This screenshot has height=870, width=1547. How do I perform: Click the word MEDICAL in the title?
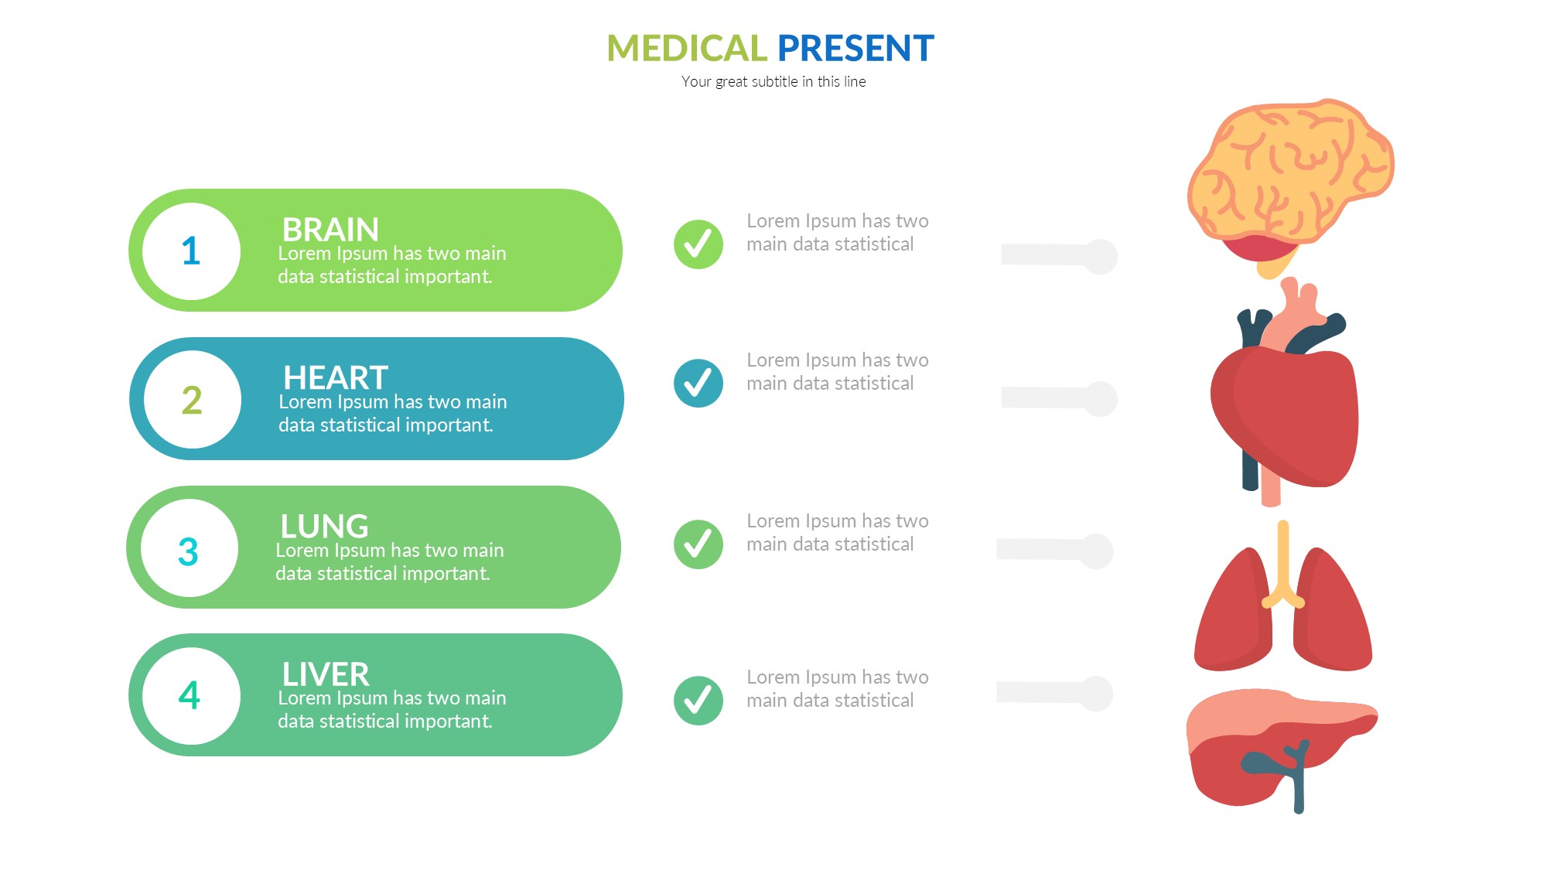tap(686, 48)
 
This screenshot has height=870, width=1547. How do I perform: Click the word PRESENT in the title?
tap(855, 48)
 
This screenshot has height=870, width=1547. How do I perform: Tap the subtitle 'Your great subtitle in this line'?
tap(773, 81)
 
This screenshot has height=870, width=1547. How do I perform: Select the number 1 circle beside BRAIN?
tap(191, 251)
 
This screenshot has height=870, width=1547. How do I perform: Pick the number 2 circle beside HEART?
tap(192, 400)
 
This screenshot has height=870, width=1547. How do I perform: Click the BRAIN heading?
tap(330, 229)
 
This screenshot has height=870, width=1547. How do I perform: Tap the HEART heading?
tap(336, 377)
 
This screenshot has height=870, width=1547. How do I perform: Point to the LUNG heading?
tap(324, 526)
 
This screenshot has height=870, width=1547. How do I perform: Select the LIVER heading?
tap(326, 674)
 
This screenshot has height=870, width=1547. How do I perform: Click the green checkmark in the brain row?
tap(698, 244)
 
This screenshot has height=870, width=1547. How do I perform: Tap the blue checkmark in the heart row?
tap(698, 384)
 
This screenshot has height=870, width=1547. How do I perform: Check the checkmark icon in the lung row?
tap(698, 544)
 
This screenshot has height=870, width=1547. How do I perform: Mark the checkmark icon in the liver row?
tap(698, 701)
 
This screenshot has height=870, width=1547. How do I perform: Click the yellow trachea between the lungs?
tap(1283, 565)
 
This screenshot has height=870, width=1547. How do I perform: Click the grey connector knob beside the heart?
tap(1099, 399)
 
